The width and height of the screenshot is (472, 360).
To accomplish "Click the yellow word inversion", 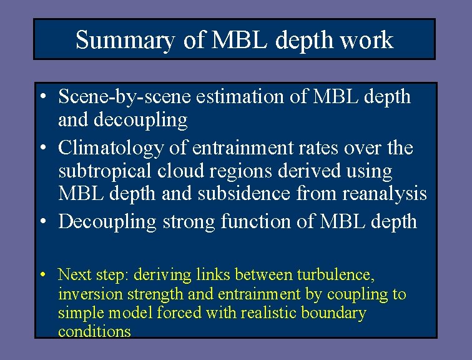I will (x=86, y=294).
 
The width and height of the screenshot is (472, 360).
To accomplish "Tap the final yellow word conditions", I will (x=94, y=331).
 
